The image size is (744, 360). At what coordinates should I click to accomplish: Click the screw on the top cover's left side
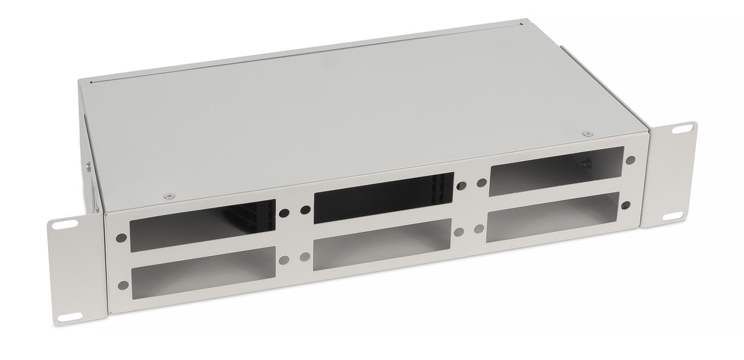point(168,196)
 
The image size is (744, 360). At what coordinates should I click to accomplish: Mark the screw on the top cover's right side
point(587,133)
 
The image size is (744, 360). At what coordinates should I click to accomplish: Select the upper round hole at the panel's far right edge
point(631,160)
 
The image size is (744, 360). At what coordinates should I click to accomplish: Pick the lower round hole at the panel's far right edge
point(626,205)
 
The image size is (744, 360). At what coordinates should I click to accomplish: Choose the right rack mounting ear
point(673,173)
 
